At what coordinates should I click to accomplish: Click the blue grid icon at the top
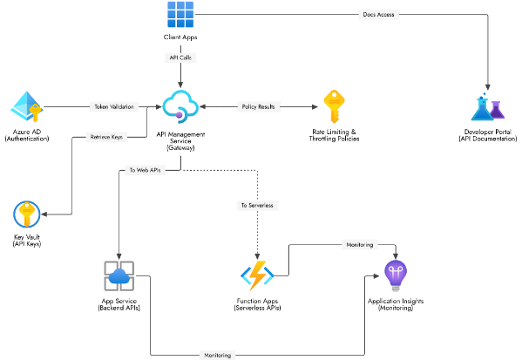180,15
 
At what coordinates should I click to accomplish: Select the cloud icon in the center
180,106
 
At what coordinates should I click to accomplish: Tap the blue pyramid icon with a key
24,106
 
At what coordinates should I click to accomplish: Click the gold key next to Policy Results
335,107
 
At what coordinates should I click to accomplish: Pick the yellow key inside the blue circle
26,214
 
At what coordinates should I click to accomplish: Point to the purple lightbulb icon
396,275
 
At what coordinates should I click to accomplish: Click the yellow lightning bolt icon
257,275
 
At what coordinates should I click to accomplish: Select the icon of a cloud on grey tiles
119,275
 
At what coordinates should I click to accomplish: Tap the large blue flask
481,109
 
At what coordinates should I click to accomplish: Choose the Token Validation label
114,107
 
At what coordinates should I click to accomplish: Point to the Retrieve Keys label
105,137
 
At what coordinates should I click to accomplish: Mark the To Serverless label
256,206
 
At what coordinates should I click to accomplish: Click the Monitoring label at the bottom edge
217,355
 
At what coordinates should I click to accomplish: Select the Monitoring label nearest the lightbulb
359,245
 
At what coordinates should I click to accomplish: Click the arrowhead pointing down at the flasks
488,88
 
